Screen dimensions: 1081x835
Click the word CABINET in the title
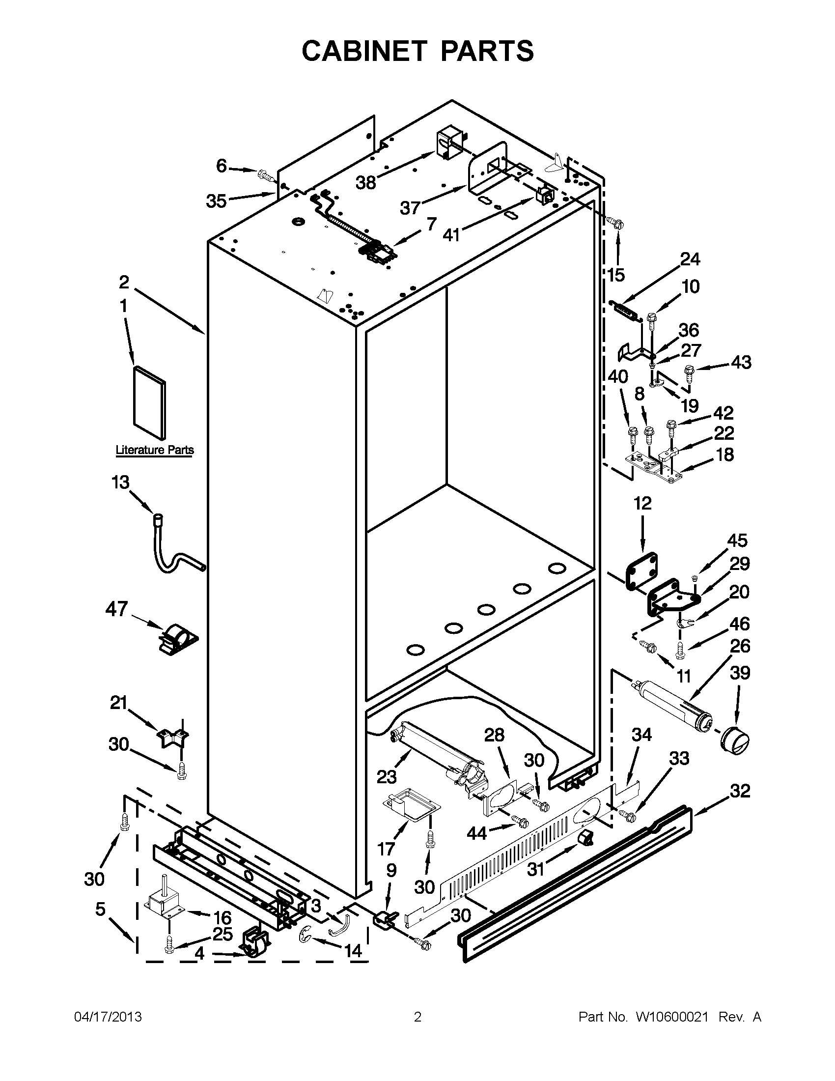[x=364, y=51]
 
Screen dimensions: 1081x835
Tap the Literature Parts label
[x=154, y=450]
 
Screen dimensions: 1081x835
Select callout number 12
[x=642, y=504]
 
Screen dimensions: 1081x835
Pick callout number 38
[x=366, y=183]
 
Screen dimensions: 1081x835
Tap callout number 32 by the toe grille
[x=740, y=791]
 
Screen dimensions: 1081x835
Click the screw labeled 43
[x=688, y=369]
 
